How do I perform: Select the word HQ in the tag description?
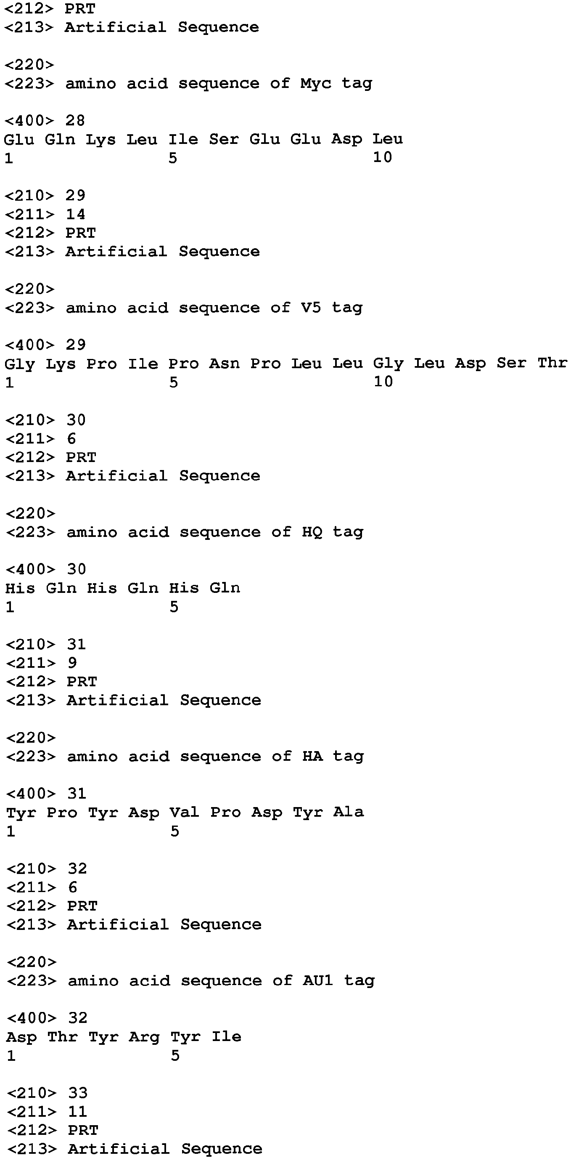(x=312, y=532)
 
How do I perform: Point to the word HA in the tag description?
(x=313, y=756)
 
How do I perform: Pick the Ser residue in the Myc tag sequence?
(x=224, y=139)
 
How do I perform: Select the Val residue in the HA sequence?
(x=184, y=812)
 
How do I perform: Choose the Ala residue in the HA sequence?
(x=349, y=811)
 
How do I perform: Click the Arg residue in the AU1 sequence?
(x=144, y=1037)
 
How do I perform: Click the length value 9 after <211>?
(x=72, y=663)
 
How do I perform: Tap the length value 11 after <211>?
(x=77, y=1111)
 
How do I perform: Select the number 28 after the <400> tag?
(x=75, y=120)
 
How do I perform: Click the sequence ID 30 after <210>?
(x=76, y=420)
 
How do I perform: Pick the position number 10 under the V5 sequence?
(x=383, y=382)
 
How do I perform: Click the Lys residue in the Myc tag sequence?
(x=100, y=140)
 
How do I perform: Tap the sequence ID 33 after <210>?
(x=78, y=1093)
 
